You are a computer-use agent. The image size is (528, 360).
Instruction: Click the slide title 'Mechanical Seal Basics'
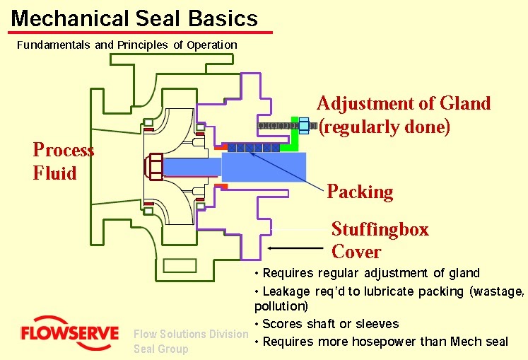click(134, 17)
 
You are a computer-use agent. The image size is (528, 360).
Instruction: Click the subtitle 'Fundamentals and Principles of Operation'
click(127, 45)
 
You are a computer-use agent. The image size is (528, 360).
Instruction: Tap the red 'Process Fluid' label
click(63, 161)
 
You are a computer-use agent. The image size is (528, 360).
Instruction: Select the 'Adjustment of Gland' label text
click(404, 104)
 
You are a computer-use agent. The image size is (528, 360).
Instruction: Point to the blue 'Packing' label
click(359, 192)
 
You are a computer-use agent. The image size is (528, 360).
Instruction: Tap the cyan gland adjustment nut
click(305, 125)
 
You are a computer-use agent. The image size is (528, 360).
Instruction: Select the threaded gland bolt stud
click(278, 125)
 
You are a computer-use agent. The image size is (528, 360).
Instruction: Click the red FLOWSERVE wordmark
click(69, 333)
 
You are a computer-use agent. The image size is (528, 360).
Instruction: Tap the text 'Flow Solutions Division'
click(191, 334)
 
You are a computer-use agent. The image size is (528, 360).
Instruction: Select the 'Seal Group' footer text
click(161, 349)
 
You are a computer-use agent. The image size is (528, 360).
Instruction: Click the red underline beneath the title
click(141, 33)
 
